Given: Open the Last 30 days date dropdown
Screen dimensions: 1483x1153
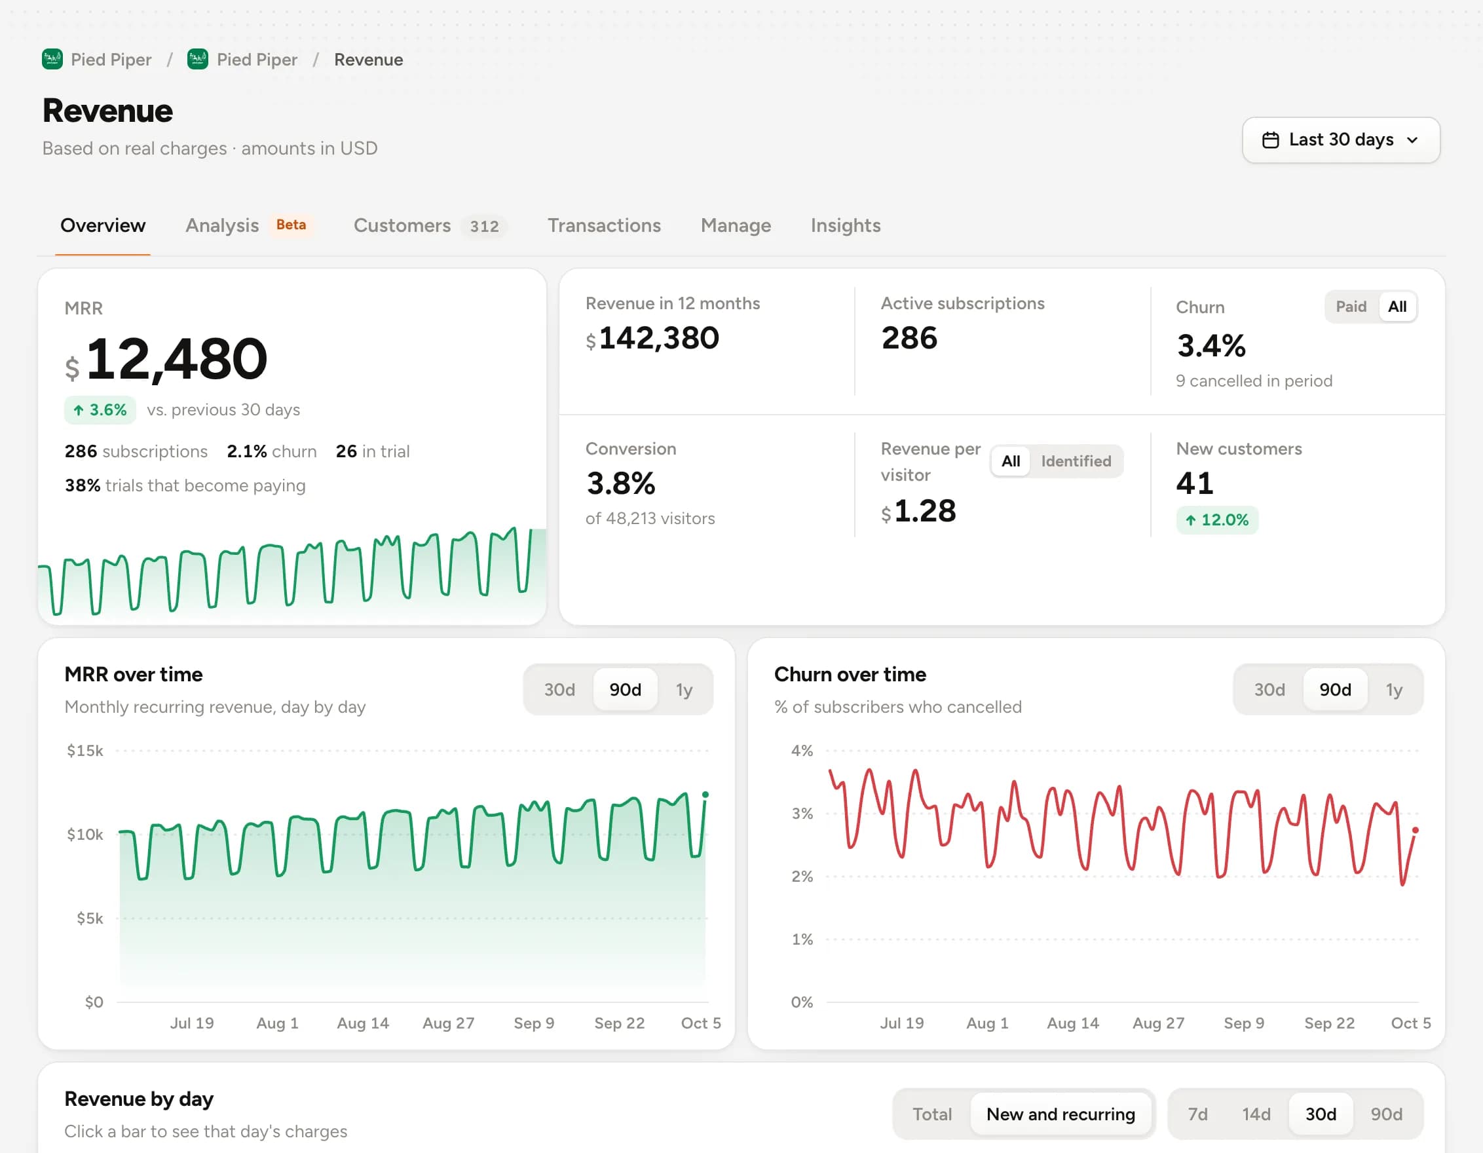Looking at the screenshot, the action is click(1340, 140).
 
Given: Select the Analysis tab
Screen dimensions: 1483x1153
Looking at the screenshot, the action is click(222, 225).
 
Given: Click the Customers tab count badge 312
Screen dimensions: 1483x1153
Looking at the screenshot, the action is click(484, 226).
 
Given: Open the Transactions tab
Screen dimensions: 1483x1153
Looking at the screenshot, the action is click(604, 225).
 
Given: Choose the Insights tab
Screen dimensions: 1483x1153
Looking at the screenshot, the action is click(846, 225).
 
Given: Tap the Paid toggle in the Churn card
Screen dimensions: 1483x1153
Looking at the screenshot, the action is click(1351, 307).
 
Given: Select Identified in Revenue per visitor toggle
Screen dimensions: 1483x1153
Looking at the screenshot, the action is click(1076, 461).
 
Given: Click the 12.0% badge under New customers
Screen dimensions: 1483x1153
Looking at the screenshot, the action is click(1217, 520).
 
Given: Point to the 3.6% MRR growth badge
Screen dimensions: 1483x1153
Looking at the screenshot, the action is click(100, 410).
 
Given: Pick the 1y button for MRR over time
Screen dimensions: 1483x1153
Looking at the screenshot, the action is click(684, 690).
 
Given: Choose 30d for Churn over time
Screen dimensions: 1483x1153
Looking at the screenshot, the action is click(1269, 690).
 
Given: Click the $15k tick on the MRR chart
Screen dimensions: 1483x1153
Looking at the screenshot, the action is click(85, 751).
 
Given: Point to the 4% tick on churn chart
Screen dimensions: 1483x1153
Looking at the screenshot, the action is click(802, 751).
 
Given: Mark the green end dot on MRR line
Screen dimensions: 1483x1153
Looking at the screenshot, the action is click(705, 795).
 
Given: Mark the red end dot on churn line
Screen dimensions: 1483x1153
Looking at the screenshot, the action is click(1416, 831).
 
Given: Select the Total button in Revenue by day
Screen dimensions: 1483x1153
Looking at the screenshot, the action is click(931, 1114).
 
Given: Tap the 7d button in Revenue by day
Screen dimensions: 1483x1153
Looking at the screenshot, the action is click(1198, 1114).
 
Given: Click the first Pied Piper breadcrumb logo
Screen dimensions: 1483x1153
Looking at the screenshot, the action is click(52, 60).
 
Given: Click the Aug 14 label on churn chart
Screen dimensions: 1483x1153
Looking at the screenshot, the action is click(1073, 1023).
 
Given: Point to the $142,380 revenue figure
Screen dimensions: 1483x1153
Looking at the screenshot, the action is click(652, 338).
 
